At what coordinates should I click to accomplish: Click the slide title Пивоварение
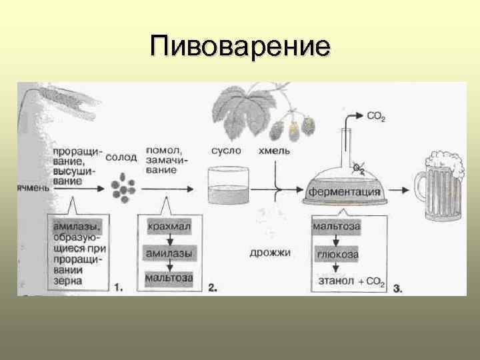coord(240,47)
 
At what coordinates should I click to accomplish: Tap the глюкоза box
coord(337,254)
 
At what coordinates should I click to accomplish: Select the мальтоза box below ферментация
coord(337,227)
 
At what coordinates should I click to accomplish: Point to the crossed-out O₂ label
coord(359,170)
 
